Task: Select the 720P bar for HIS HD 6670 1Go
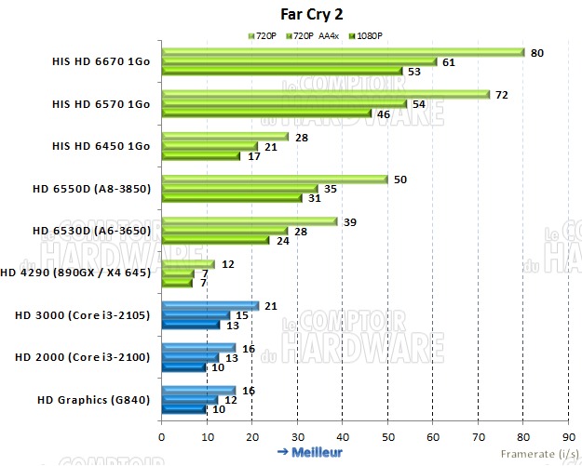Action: [x=343, y=53]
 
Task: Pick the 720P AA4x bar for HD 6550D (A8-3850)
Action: [x=240, y=189]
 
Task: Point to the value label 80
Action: [x=537, y=53]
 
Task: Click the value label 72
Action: [x=501, y=95]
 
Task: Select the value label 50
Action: [x=401, y=179]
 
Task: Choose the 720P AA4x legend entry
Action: [x=314, y=35]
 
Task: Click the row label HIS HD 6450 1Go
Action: [x=101, y=146]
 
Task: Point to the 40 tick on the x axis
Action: [x=343, y=435]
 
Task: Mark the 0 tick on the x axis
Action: [x=162, y=435]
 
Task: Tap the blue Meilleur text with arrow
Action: [x=310, y=452]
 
